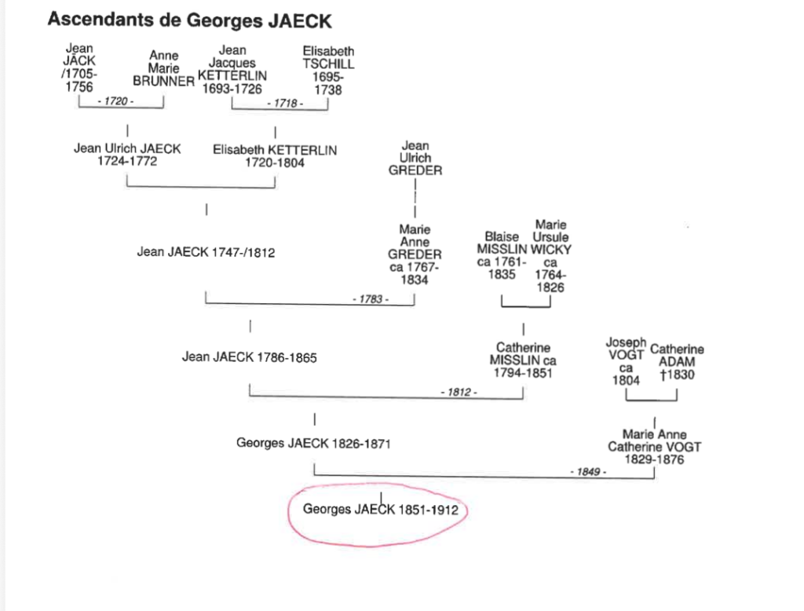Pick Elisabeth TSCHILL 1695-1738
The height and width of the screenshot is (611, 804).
point(328,69)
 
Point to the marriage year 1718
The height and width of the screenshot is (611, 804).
point(288,104)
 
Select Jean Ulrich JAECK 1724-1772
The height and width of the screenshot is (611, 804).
point(127,155)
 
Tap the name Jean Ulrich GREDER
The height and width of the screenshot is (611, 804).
point(415,158)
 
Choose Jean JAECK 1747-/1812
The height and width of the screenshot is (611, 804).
point(206,253)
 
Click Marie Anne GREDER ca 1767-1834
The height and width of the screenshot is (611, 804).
point(415,254)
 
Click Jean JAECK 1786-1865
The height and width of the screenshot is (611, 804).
point(249,357)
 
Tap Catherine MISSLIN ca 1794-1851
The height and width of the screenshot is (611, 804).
point(523,360)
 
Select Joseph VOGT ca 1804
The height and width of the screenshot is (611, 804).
point(626,361)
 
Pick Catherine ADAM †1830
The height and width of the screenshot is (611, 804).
point(677,362)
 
